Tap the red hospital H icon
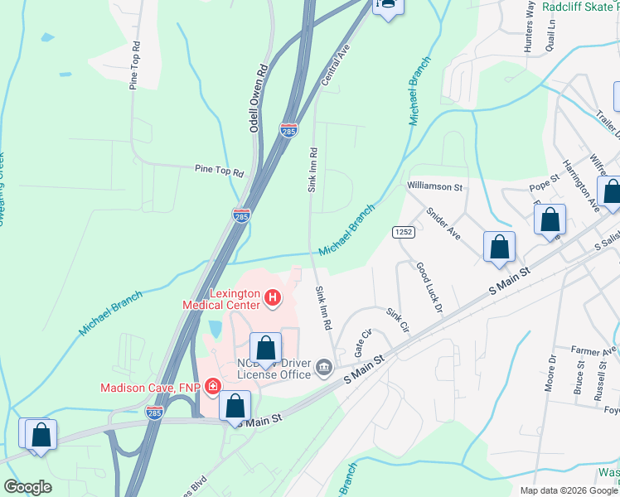[x=271, y=296]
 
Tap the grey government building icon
[x=324, y=367]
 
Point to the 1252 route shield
[x=404, y=233]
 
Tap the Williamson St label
[x=434, y=187]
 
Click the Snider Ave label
[x=443, y=222]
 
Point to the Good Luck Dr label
[x=429, y=287]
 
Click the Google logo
[x=27, y=487]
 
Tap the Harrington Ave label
[x=579, y=185]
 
